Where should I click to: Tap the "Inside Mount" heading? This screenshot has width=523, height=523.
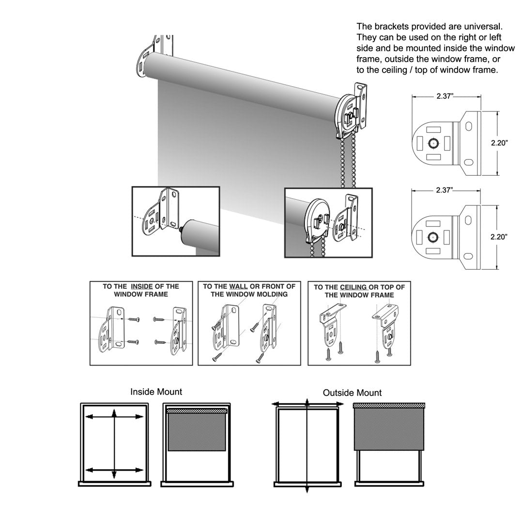tap(156, 392)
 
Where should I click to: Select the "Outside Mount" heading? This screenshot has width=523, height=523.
tap(352, 393)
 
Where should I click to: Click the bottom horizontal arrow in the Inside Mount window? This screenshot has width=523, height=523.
tap(114, 470)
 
